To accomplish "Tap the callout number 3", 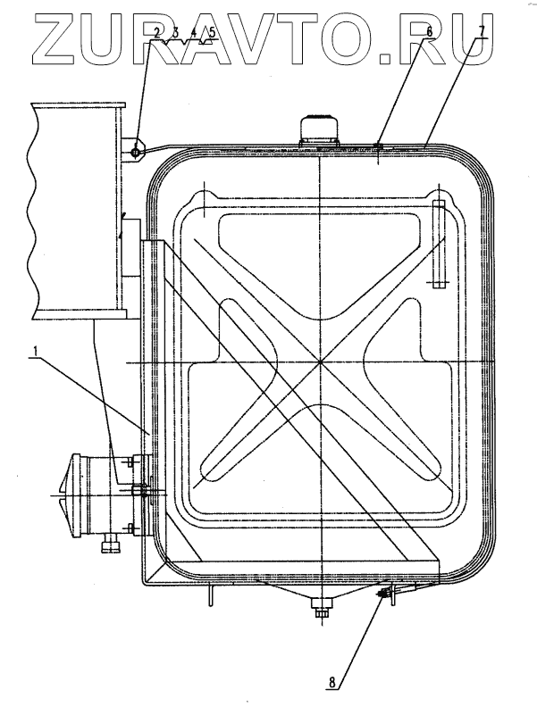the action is click(175, 33).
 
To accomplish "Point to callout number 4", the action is click(193, 33).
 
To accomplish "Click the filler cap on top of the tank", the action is click(319, 130).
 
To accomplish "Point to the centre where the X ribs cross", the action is click(319, 362).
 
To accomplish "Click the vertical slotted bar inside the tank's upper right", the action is click(438, 243).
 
